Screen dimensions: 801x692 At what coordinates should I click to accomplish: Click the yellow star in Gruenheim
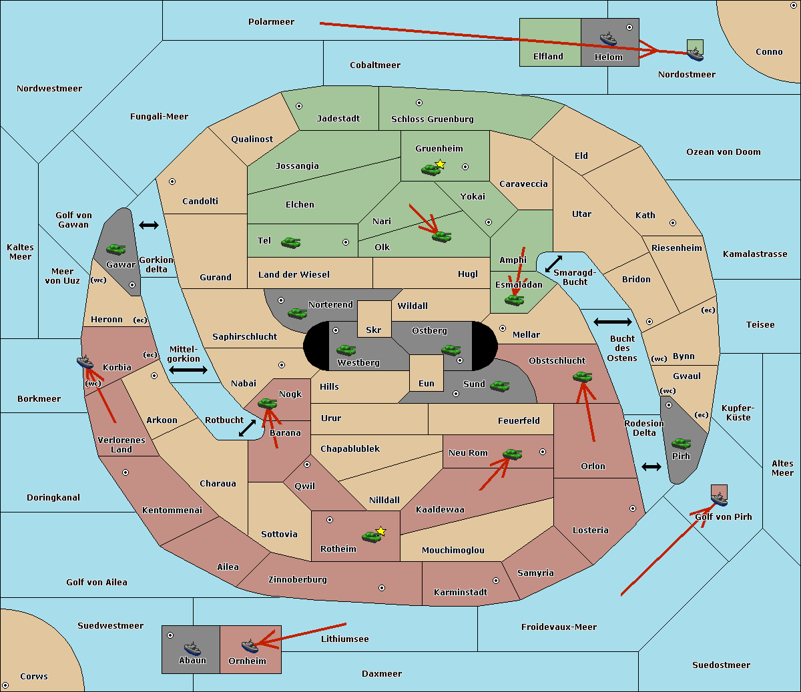(x=441, y=164)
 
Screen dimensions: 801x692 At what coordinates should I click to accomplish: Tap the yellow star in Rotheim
(x=380, y=531)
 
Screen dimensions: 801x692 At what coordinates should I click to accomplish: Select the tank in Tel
(x=290, y=243)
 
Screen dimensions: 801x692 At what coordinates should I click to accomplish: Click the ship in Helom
(x=608, y=39)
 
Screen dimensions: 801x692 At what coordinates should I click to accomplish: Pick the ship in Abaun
(x=192, y=648)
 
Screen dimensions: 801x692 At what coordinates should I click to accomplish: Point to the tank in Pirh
(x=681, y=443)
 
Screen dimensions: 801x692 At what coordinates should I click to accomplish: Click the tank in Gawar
(x=115, y=249)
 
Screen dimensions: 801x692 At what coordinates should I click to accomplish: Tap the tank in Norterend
(x=297, y=314)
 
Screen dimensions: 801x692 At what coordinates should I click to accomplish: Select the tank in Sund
(x=499, y=386)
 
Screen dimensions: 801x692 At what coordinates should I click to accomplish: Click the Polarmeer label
(x=271, y=22)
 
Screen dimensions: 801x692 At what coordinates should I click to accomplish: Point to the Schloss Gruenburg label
(x=433, y=119)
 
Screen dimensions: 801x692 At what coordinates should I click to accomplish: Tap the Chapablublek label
(x=350, y=448)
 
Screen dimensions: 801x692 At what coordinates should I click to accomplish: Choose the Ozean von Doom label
(x=724, y=152)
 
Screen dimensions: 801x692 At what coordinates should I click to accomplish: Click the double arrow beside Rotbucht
(x=247, y=428)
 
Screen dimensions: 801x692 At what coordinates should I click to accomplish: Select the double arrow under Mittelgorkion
(x=188, y=370)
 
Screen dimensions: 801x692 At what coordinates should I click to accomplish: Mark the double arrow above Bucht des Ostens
(x=613, y=322)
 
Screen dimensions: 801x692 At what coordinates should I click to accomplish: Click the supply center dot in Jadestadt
(x=299, y=106)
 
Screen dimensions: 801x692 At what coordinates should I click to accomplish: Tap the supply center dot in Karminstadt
(x=496, y=581)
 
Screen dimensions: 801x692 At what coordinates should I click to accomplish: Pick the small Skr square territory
(x=374, y=319)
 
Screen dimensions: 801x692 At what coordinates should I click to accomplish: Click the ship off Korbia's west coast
(x=85, y=362)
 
